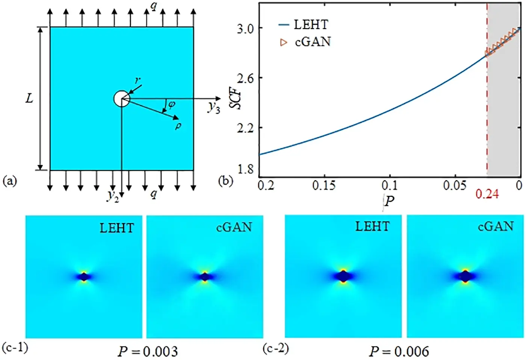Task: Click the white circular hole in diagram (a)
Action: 121,99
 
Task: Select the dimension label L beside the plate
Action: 29,99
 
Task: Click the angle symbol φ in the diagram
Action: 171,104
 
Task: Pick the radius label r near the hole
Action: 138,80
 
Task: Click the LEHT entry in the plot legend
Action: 310,25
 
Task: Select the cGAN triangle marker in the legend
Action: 284,42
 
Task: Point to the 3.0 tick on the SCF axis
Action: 245,29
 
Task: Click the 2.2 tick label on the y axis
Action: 245,128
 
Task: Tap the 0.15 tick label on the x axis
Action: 324,185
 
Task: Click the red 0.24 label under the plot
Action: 487,194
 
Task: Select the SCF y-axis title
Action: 236,99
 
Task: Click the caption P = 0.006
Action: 399,352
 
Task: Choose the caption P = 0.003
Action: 147,352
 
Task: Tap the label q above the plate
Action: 154,6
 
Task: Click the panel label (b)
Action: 225,181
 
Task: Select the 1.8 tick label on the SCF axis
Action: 245,170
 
